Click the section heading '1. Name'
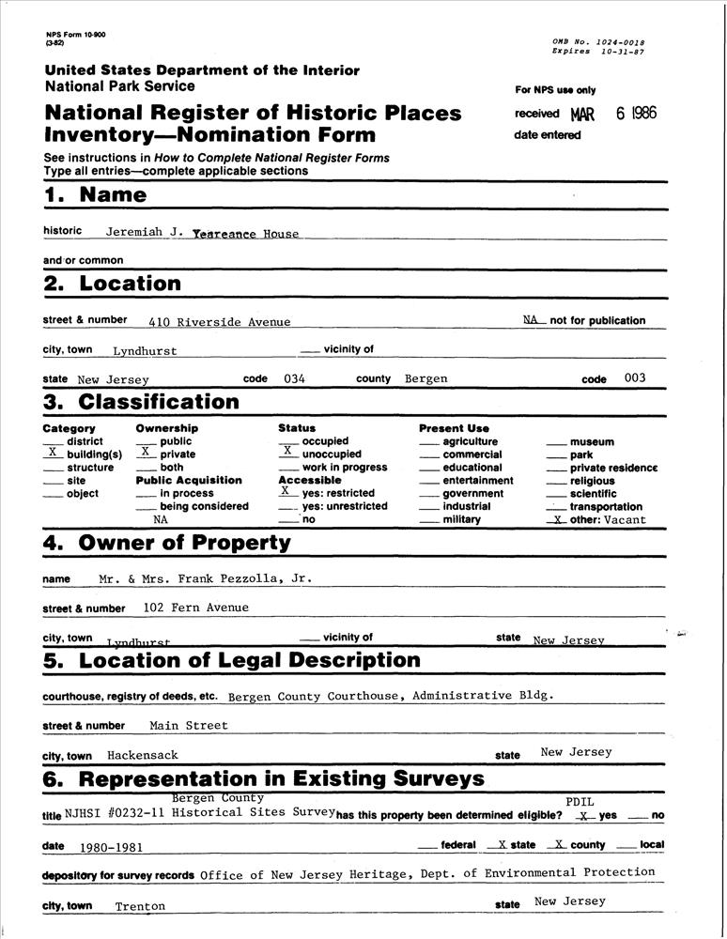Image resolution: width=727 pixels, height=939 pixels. click(95, 195)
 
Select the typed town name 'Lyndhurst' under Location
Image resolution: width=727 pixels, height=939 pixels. click(145, 351)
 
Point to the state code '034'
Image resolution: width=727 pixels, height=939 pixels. click(294, 379)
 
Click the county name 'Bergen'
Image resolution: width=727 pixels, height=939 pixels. click(425, 379)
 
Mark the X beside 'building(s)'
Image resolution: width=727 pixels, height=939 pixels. click(52, 453)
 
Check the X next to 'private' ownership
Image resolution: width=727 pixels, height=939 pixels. click(145, 453)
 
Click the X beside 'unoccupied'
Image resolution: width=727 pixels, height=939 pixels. click(287, 452)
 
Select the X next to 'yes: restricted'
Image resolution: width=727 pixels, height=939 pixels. click(285, 491)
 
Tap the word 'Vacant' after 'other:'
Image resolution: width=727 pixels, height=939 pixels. click(625, 519)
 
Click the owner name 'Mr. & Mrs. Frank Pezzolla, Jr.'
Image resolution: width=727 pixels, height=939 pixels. click(205, 578)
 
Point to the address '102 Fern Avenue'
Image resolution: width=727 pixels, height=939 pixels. click(196, 608)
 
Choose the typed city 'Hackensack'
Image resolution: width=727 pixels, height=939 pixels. click(142, 755)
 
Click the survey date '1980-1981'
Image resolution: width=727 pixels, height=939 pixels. click(111, 847)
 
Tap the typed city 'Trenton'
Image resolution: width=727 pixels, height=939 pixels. click(140, 907)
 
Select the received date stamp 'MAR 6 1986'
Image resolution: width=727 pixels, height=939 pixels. click(612, 114)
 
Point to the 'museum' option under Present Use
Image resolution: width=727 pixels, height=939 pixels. click(592, 442)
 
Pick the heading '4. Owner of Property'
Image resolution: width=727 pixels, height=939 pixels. click(167, 543)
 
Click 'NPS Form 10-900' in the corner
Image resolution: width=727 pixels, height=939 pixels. click(75, 35)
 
